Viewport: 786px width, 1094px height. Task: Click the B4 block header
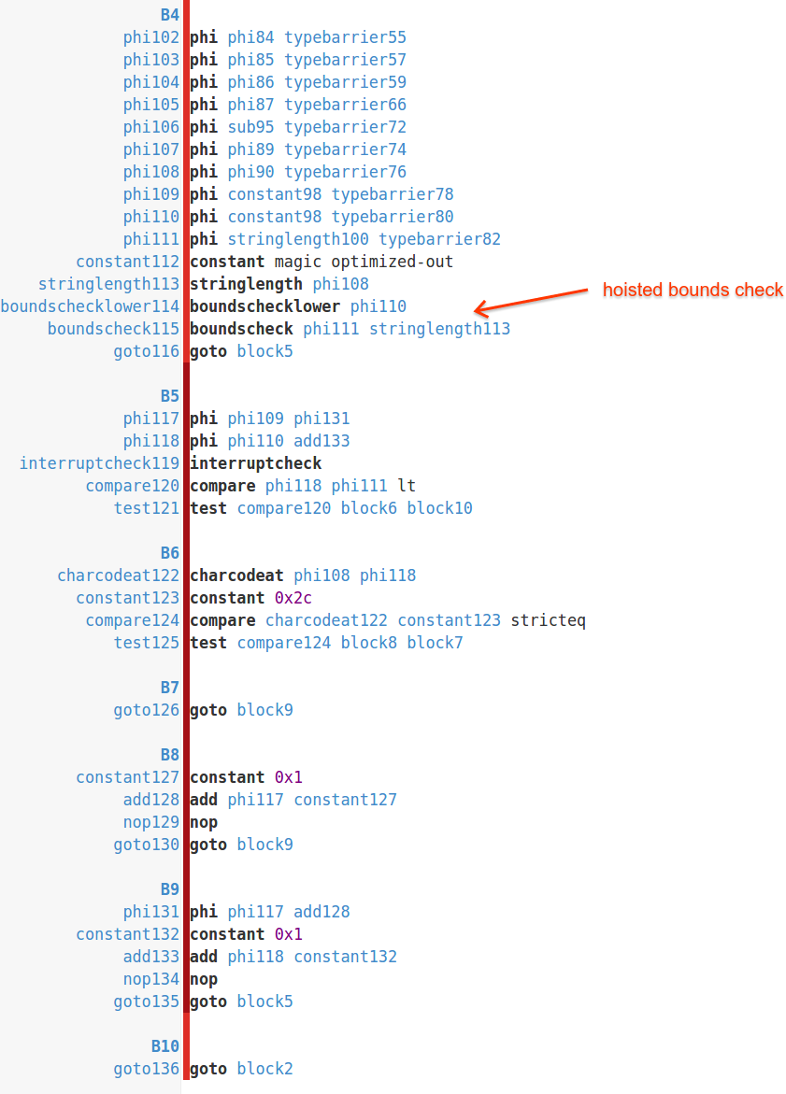(x=169, y=15)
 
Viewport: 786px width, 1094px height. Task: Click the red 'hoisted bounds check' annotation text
(x=693, y=290)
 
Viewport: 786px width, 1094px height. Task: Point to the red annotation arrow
(x=532, y=300)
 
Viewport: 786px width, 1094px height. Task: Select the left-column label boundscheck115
(x=113, y=329)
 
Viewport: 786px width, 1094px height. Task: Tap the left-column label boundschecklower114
(x=90, y=306)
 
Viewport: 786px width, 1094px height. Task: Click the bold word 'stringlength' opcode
(x=246, y=284)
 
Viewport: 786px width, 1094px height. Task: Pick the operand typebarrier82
(x=439, y=239)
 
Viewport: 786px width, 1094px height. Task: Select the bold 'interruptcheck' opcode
(x=255, y=463)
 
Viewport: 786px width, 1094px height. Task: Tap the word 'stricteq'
(x=548, y=620)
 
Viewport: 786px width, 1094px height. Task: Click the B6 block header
(x=169, y=553)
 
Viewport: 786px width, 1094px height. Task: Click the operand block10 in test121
(x=439, y=508)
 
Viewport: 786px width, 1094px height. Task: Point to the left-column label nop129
(x=150, y=822)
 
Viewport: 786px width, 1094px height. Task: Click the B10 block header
(x=164, y=1046)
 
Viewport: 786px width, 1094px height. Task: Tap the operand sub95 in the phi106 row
(x=250, y=127)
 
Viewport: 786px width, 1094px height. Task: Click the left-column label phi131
(x=150, y=912)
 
